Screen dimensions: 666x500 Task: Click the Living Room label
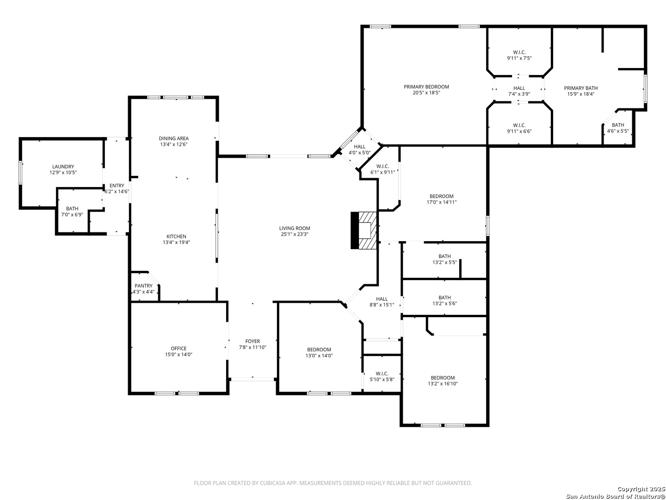[x=294, y=228]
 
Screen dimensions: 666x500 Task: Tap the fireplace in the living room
[x=364, y=230]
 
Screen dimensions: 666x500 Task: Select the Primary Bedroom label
[x=426, y=87]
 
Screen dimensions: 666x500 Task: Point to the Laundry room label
[x=63, y=167]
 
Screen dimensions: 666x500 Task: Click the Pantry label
[x=143, y=286]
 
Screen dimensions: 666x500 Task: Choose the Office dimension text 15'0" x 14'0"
[x=179, y=354]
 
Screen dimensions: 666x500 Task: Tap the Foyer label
[x=253, y=341]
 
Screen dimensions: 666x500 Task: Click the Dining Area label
[x=174, y=138]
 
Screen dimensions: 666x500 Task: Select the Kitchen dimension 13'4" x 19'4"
[x=176, y=242]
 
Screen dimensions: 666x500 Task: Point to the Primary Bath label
[x=581, y=88]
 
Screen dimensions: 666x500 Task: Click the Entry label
[x=117, y=186]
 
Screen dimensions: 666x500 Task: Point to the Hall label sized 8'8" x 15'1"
[x=382, y=299]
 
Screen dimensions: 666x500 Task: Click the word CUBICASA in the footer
[x=271, y=483]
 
